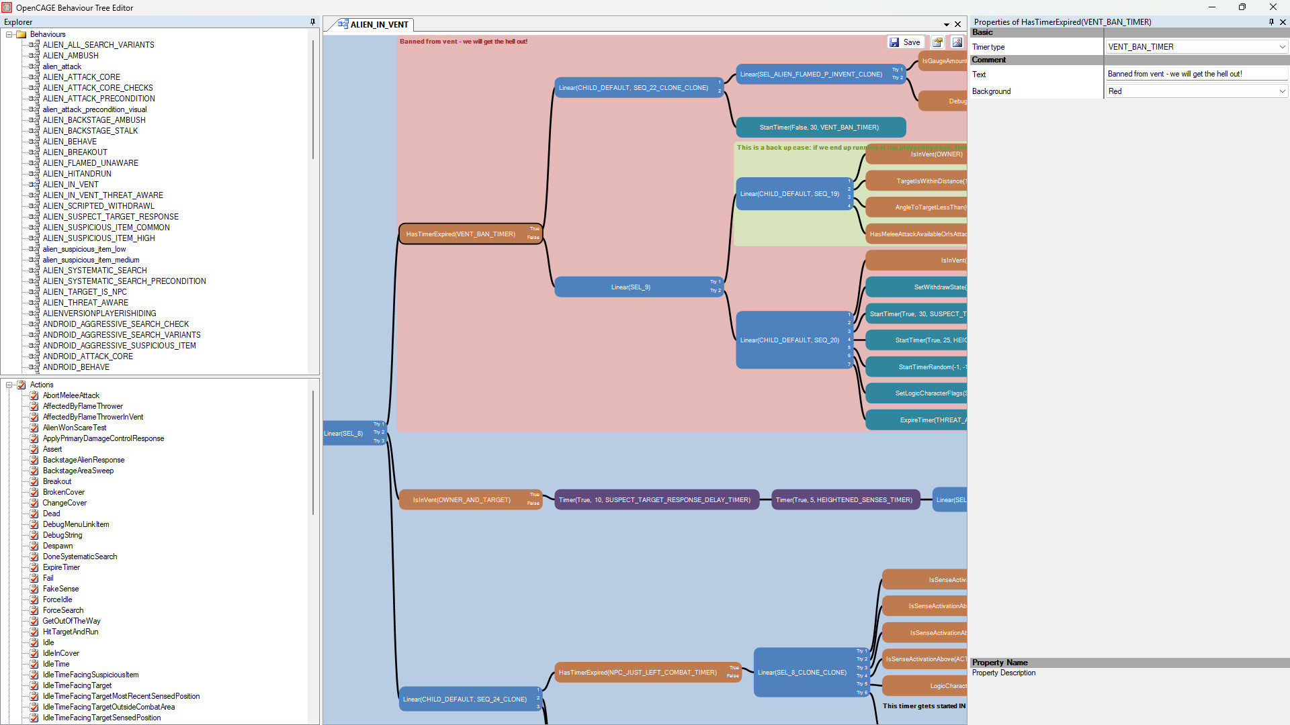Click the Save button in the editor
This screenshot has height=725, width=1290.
(905, 42)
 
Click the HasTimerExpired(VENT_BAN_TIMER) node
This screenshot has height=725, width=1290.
(461, 234)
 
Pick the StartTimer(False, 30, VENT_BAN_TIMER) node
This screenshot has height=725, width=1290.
(819, 128)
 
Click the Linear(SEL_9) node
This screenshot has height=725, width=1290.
(630, 287)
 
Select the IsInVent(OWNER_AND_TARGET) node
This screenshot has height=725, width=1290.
(462, 500)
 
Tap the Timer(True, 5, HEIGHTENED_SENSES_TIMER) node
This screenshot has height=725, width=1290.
(844, 500)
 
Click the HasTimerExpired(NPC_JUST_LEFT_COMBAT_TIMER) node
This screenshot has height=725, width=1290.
(638, 673)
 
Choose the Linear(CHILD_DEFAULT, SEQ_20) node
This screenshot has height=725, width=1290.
(789, 340)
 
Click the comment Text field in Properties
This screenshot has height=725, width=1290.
(1196, 74)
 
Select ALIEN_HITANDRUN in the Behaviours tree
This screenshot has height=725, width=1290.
(77, 174)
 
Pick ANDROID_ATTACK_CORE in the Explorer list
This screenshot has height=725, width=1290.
(87, 356)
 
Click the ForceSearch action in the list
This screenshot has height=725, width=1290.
(63, 610)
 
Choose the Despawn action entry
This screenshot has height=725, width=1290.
(58, 546)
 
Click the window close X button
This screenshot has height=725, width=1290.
(1273, 7)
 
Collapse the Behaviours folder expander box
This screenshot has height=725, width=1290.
(9, 34)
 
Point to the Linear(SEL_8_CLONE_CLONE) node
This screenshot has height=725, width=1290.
(802, 673)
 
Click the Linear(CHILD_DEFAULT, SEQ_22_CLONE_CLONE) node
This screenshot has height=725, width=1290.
(633, 88)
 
